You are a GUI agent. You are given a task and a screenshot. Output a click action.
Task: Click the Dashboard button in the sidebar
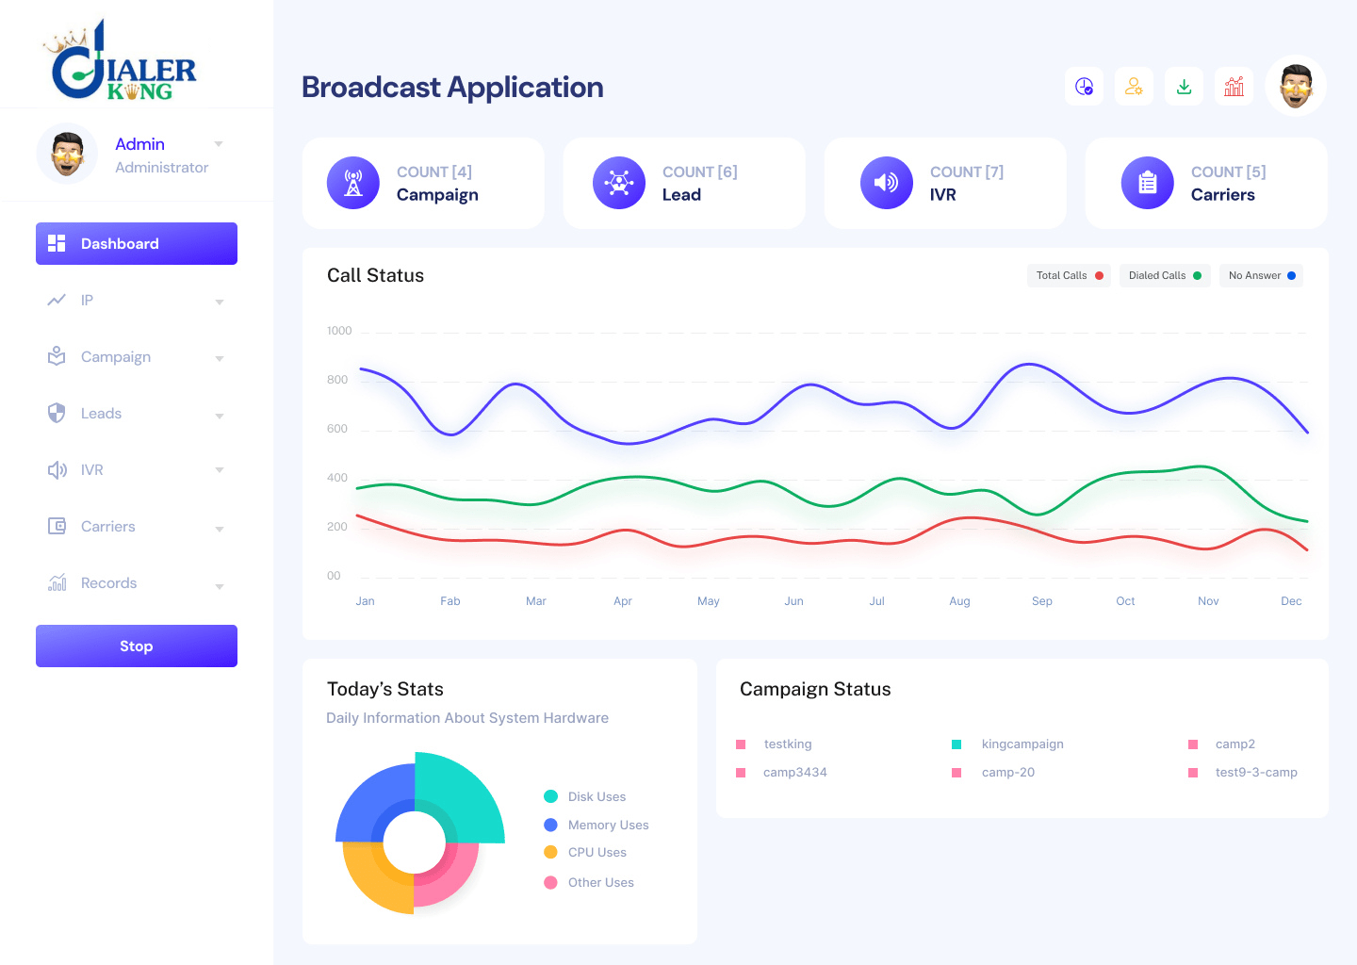point(136,244)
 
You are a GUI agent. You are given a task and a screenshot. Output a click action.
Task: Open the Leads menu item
point(101,414)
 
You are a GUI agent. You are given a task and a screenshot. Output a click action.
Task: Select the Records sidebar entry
point(108,583)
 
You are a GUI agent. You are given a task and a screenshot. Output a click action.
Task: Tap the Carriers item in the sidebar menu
point(107,527)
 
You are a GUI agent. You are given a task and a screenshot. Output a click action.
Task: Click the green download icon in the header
point(1184,87)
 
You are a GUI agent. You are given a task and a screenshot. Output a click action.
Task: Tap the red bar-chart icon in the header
point(1234,87)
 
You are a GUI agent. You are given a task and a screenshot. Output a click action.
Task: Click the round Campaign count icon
point(353,183)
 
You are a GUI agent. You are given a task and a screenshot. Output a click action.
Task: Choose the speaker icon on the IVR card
point(887,183)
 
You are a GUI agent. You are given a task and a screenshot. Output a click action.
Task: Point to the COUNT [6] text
point(699,172)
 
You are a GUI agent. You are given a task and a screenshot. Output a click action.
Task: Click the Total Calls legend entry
point(1069,276)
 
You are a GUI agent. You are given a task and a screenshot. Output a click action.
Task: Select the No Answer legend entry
point(1261,276)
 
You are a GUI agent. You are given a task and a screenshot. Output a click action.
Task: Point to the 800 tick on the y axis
point(337,380)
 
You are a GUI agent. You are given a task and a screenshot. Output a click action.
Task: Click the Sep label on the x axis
point(1041,601)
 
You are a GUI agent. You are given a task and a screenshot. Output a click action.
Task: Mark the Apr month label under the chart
point(623,601)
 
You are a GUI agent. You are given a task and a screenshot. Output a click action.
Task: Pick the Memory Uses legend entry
point(608,826)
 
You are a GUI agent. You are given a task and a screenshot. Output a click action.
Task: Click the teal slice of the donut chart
point(462,796)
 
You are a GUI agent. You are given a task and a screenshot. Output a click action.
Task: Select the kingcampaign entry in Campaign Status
point(1022,744)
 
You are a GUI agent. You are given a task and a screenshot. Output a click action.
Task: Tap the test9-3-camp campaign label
point(1255,773)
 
